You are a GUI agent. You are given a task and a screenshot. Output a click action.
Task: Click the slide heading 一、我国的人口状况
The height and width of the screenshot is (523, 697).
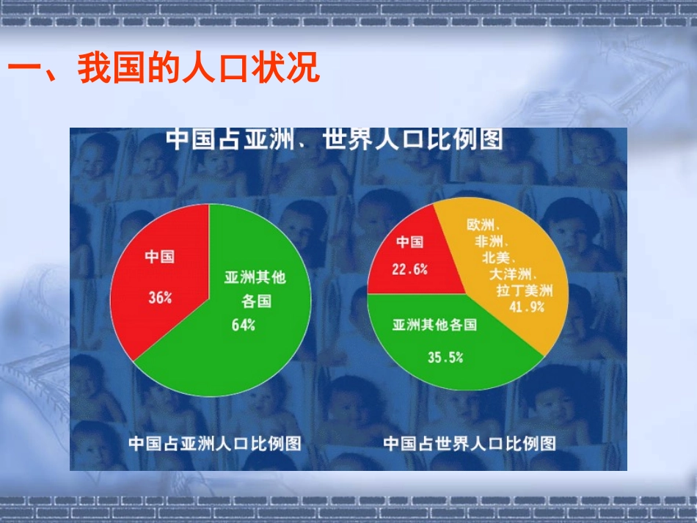[164, 71]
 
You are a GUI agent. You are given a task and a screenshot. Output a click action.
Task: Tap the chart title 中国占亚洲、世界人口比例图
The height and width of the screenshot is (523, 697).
[335, 139]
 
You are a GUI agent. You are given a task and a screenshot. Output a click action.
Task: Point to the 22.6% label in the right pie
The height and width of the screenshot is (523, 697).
[409, 269]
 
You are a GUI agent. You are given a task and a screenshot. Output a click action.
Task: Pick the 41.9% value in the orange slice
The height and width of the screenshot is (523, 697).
[527, 307]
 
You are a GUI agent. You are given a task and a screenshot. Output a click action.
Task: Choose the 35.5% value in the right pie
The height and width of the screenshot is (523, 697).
[445, 357]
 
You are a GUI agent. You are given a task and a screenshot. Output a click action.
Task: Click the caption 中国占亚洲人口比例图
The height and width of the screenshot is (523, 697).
[215, 443]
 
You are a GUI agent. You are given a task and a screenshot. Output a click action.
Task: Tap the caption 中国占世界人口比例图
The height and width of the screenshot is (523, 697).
[470, 443]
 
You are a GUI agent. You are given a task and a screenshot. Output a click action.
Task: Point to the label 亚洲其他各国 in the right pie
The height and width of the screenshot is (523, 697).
[435, 324]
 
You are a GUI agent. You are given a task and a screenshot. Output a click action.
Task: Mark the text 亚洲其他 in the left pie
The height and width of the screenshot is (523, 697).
[255, 277]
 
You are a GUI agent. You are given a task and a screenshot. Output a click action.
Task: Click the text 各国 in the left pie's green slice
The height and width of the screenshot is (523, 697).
[256, 301]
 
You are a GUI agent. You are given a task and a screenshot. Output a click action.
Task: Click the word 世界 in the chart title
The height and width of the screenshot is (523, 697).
[344, 139]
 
